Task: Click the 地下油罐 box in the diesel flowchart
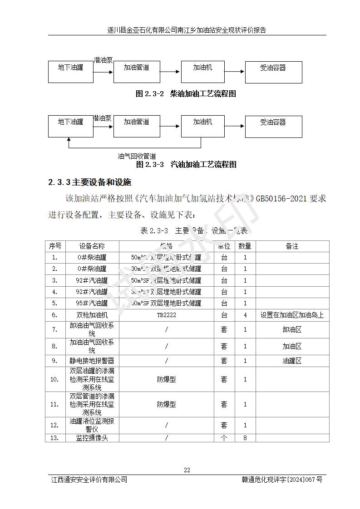[71, 72]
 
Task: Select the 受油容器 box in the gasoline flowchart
[273, 126]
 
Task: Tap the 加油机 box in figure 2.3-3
[202, 126]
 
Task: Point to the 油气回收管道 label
[137, 156]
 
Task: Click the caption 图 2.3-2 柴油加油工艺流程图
[186, 94]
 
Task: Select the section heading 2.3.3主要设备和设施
[90, 182]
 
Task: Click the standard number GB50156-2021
[281, 198]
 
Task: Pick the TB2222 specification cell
[166, 315]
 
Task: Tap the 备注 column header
[292, 246]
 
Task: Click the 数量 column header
[245, 246]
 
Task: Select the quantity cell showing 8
[245, 438]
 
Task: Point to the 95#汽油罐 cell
[92, 303]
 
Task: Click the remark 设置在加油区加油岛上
[292, 315]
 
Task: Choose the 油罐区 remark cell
[292, 361]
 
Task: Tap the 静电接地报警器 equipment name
[92, 361]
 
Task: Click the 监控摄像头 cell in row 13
[92, 438]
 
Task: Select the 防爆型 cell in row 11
[166, 404]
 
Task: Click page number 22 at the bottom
[187, 470]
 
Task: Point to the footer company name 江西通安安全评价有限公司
[89, 480]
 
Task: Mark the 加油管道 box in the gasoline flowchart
[137, 126]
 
